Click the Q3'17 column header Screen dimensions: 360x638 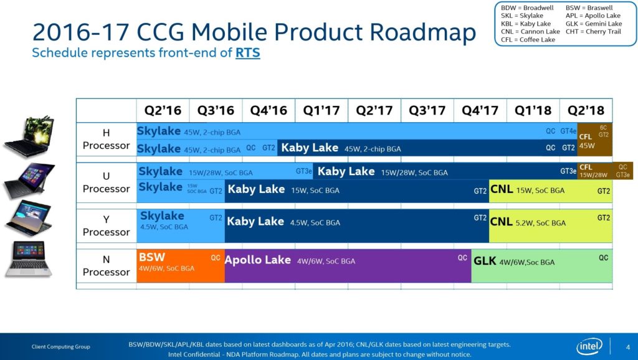(x=427, y=110)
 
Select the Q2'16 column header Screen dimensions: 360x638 (x=163, y=110)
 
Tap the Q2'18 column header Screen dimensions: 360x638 (x=586, y=110)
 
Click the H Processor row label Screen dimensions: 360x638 (x=106, y=139)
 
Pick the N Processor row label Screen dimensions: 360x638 (x=106, y=266)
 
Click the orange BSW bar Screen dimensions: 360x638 (x=180, y=266)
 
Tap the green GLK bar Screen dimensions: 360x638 (x=541, y=266)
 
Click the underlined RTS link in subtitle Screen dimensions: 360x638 (x=247, y=53)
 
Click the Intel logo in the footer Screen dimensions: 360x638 (x=589, y=346)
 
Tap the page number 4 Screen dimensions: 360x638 (x=627, y=347)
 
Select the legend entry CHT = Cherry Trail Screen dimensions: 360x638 (x=594, y=32)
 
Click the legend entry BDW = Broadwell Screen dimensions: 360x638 (x=528, y=8)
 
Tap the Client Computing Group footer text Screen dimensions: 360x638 (x=61, y=347)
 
